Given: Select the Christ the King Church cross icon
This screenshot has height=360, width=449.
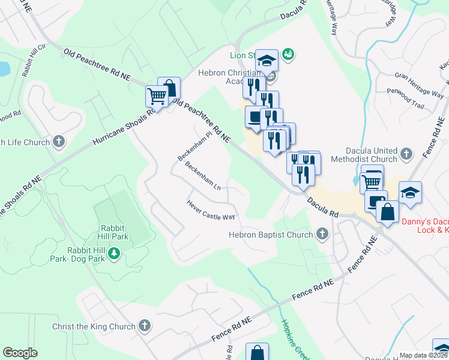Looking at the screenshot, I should (x=143, y=326).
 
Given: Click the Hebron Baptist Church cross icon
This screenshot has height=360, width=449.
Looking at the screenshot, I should (x=322, y=234).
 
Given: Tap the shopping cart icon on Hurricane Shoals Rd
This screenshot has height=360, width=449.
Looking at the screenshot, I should (x=157, y=95).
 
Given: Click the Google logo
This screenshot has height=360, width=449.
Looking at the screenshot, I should (x=20, y=353).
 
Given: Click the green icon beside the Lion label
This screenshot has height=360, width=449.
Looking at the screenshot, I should (x=288, y=55).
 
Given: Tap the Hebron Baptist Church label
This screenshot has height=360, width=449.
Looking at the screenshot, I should (x=271, y=235).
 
